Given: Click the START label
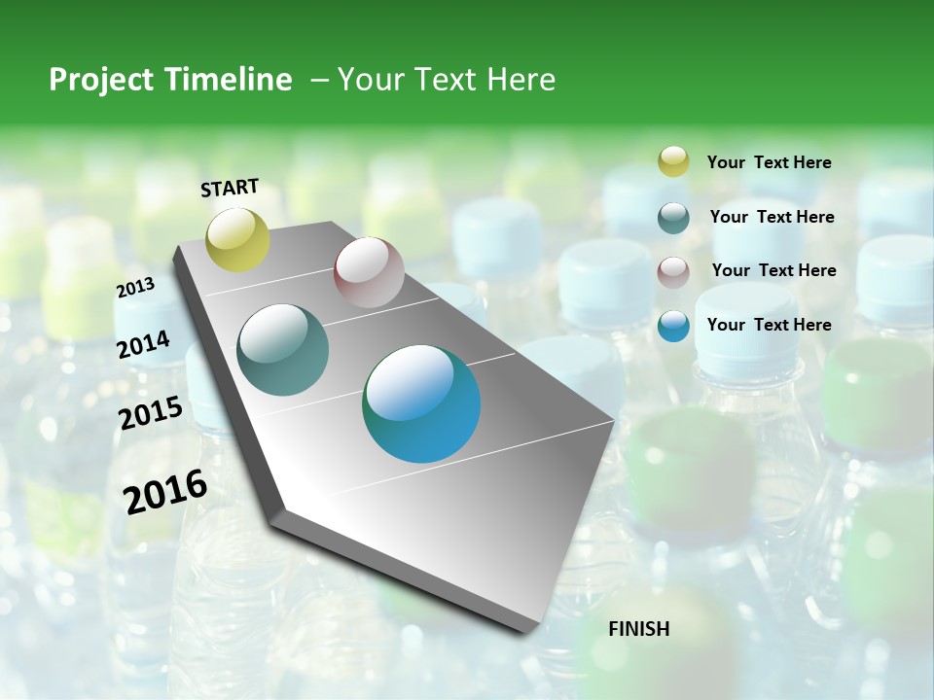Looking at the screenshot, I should [x=230, y=188].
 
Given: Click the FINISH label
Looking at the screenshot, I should [x=639, y=629].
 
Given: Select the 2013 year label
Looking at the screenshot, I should [x=135, y=288].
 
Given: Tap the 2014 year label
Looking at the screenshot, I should [x=143, y=344].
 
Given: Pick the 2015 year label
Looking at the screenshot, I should [x=151, y=413].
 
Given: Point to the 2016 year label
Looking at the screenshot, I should [x=165, y=492].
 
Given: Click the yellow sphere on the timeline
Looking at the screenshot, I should [x=237, y=239].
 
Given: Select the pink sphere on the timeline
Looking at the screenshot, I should [x=369, y=272].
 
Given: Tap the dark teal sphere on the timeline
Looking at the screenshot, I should [x=283, y=350].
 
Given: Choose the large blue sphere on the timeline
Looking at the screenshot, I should [x=421, y=403].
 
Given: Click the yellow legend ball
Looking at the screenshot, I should [x=673, y=161].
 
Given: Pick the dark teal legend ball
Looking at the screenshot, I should [x=673, y=218].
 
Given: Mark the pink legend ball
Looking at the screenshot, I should [x=673, y=272].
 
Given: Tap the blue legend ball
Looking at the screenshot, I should [x=673, y=326].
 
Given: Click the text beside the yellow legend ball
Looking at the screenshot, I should [x=769, y=163].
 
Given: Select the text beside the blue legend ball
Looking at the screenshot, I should [x=769, y=325].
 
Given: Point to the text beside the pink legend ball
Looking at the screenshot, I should [x=773, y=270].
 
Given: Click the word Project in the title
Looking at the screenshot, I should [x=100, y=80].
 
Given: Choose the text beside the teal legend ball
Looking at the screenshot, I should [x=772, y=217].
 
